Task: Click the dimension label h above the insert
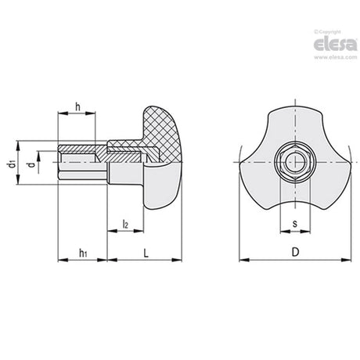(x=77, y=106)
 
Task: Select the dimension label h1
(x=83, y=253)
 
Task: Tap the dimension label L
(x=146, y=253)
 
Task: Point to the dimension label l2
(x=125, y=224)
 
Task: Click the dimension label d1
(x=11, y=164)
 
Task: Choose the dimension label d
(x=31, y=164)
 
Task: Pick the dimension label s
(x=295, y=224)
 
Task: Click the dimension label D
(x=295, y=252)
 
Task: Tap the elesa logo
(x=335, y=44)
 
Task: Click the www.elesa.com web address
(x=335, y=57)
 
